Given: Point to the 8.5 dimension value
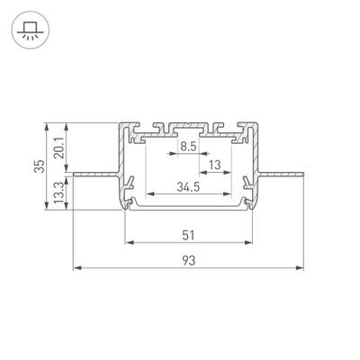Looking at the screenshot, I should [x=187, y=146].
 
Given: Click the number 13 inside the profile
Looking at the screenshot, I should [x=215, y=166].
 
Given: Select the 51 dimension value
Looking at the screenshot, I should [x=187, y=236].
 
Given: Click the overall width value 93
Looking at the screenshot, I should [x=187, y=261].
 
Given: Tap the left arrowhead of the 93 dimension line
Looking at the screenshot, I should [x=77, y=268].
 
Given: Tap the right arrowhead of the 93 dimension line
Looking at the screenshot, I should [x=298, y=268].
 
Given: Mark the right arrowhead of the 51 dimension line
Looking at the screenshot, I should [x=246, y=243].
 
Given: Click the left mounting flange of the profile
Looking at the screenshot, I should [x=94, y=171].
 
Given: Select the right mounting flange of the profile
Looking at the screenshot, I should [x=280, y=171].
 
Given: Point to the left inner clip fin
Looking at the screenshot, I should [x=131, y=184].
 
